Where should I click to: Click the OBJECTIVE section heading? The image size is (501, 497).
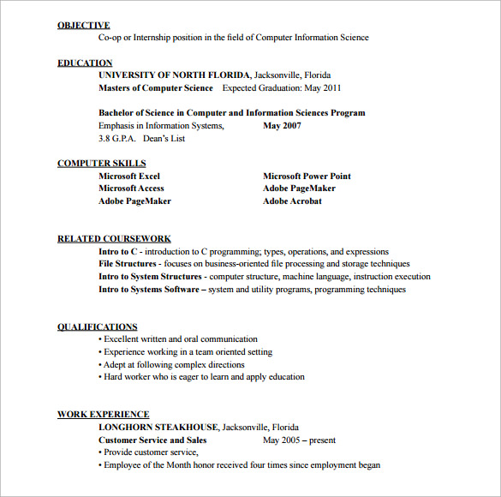pyautogui.click(x=83, y=26)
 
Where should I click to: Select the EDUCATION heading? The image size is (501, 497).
pyautogui.click(x=85, y=63)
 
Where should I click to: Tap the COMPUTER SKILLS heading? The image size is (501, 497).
pyautogui.click(x=101, y=163)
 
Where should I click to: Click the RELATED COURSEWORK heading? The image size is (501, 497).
pyautogui.click(x=114, y=238)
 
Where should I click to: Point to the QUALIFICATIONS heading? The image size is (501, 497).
pyautogui.click(x=97, y=326)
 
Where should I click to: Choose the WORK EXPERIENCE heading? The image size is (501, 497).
pyautogui.click(x=103, y=414)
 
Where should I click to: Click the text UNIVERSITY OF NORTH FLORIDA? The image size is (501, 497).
pyautogui.click(x=174, y=75)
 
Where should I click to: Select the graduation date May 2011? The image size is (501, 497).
pyautogui.click(x=324, y=87)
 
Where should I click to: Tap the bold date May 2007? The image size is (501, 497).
pyautogui.click(x=282, y=126)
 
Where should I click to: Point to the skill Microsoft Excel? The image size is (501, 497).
pyautogui.click(x=128, y=176)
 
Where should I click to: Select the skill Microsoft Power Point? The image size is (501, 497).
pyautogui.click(x=307, y=176)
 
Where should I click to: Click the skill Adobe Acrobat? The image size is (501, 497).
pyautogui.click(x=292, y=201)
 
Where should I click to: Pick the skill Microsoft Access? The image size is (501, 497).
pyautogui.click(x=131, y=189)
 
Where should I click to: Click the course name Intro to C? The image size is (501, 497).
pyautogui.click(x=118, y=252)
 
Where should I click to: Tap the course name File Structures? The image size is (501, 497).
pyautogui.click(x=128, y=264)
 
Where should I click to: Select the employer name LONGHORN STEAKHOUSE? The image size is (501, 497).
pyautogui.click(x=158, y=427)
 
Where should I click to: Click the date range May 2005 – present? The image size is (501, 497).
pyautogui.click(x=298, y=440)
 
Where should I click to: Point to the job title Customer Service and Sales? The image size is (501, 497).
pyautogui.click(x=152, y=440)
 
